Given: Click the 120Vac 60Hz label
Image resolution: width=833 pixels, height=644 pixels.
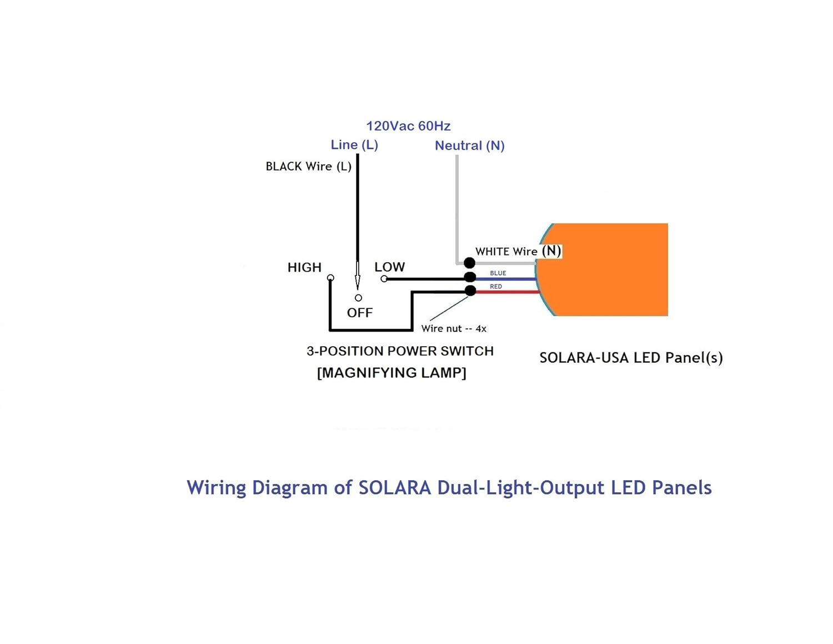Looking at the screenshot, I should pyautogui.click(x=408, y=126).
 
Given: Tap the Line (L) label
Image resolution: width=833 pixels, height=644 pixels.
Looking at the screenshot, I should pyautogui.click(x=354, y=145).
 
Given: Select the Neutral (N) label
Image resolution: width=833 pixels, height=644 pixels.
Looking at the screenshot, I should pyautogui.click(x=469, y=146).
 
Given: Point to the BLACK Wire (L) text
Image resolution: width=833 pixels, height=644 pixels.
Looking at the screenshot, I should pyautogui.click(x=308, y=167).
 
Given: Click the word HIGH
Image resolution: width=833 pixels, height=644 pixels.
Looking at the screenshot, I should pyautogui.click(x=304, y=268).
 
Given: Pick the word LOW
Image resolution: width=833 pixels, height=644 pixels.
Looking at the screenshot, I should pyautogui.click(x=389, y=267).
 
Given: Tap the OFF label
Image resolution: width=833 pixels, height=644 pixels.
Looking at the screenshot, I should pyautogui.click(x=360, y=313).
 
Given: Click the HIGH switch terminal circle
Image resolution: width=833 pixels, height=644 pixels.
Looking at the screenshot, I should pyautogui.click(x=330, y=278).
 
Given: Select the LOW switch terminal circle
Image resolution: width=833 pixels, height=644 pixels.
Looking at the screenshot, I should pyautogui.click(x=384, y=278).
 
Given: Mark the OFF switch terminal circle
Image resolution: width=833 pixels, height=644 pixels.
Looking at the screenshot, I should pyautogui.click(x=358, y=298).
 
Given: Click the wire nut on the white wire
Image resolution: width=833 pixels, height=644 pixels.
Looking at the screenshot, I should pyautogui.click(x=469, y=263).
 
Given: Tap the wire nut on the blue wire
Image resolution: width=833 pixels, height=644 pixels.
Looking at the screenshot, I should pyautogui.click(x=470, y=277).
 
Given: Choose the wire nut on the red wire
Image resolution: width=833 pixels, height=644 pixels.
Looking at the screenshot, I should pyautogui.click(x=470, y=291).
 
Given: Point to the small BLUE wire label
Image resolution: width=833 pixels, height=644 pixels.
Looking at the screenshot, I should pyautogui.click(x=498, y=273).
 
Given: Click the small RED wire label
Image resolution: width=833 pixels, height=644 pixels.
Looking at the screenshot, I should pyautogui.click(x=496, y=287).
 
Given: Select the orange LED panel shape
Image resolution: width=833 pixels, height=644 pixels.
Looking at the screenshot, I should pyautogui.click(x=605, y=270).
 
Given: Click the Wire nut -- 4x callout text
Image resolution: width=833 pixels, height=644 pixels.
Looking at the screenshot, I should pyautogui.click(x=454, y=329).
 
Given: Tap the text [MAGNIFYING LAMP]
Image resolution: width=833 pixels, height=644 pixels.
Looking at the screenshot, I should pyautogui.click(x=392, y=373).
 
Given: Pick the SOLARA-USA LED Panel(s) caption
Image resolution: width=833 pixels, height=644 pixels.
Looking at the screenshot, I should pyautogui.click(x=631, y=358).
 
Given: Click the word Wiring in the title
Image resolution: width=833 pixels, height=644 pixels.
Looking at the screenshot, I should pyautogui.click(x=217, y=488).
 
